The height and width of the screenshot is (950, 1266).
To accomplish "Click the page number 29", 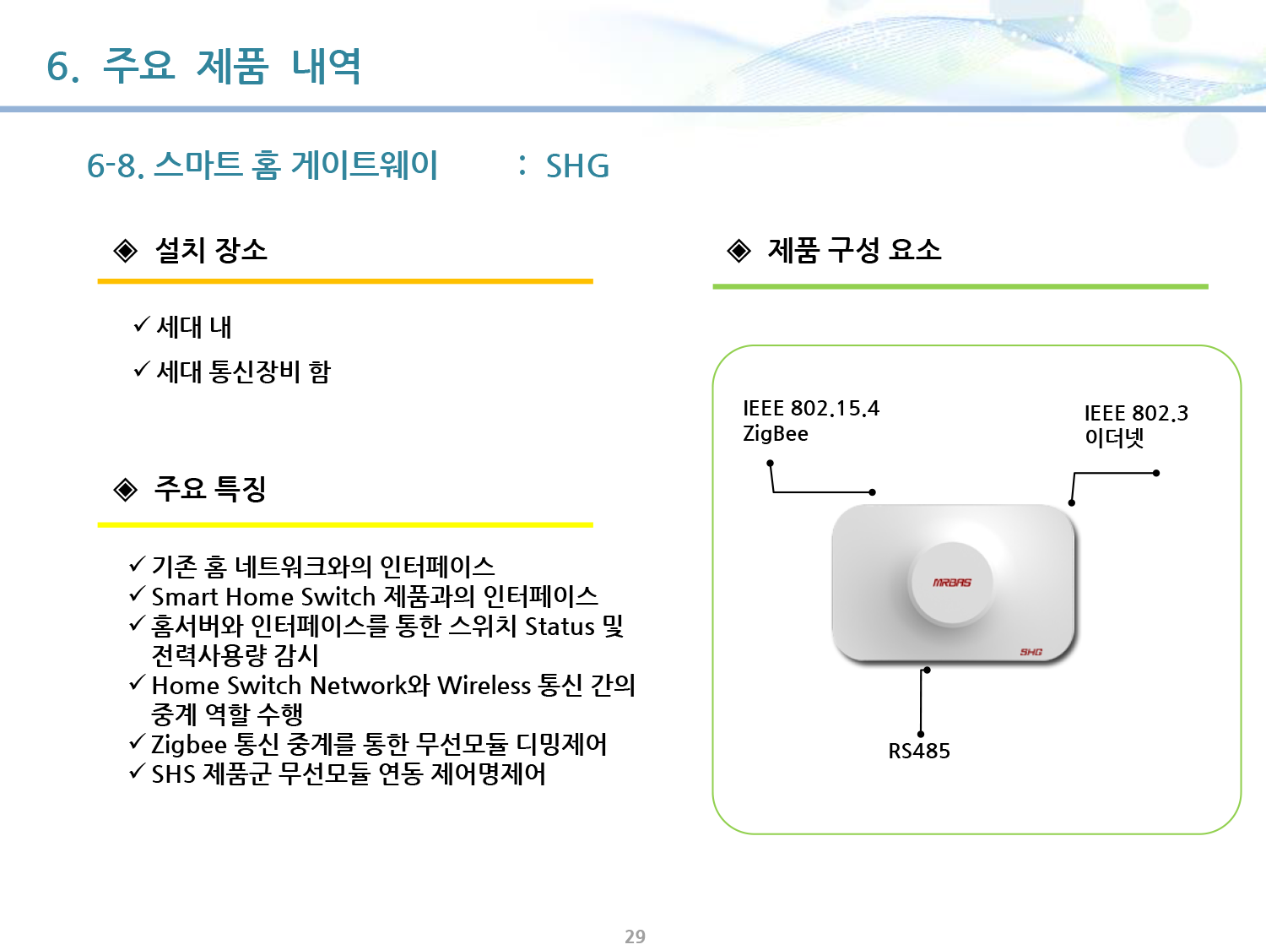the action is click(635, 936).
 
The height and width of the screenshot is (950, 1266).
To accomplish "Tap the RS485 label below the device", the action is click(919, 751).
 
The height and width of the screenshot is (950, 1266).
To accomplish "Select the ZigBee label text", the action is click(775, 434).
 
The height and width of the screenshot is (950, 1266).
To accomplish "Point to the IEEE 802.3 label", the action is click(1136, 413).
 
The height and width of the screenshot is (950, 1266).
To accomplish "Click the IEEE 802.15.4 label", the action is click(811, 408).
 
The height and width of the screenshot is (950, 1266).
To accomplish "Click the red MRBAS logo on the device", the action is click(952, 583).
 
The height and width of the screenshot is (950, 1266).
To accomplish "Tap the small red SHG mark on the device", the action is click(1031, 652).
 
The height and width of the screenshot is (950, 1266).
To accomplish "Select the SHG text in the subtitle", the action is click(577, 166).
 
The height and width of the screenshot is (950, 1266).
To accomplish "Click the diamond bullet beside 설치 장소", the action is click(125, 250).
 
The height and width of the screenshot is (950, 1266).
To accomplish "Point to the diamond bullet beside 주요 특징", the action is click(125, 490).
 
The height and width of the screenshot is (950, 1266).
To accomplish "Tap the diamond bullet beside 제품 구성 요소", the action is click(738, 250).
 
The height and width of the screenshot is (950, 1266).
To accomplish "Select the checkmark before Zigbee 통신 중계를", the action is click(138, 741).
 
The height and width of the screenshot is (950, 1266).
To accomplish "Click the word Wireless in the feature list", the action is click(484, 685).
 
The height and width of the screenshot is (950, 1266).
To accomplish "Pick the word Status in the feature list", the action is click(560, 627).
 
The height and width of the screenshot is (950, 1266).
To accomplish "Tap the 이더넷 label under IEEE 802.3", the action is click(1114, 437).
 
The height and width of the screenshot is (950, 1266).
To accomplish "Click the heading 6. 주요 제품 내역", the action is click(203, 66).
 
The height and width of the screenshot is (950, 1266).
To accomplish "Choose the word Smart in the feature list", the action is click(185, 597).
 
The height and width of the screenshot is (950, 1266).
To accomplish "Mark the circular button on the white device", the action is click(952, 584).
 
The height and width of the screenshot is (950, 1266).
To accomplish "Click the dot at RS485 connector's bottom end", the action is click(921, 735).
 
